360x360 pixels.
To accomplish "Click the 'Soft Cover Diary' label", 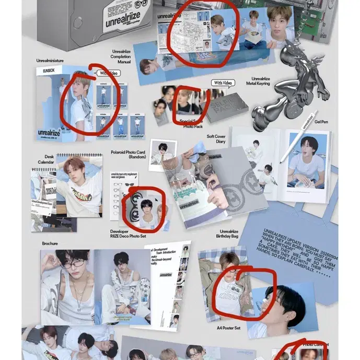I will tap(216, 140).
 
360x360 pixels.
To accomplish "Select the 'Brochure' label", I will tap(50, 243).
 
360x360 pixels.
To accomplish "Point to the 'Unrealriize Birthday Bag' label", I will tap(229, 235).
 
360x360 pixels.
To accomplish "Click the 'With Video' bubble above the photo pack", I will tap(224, 83).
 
